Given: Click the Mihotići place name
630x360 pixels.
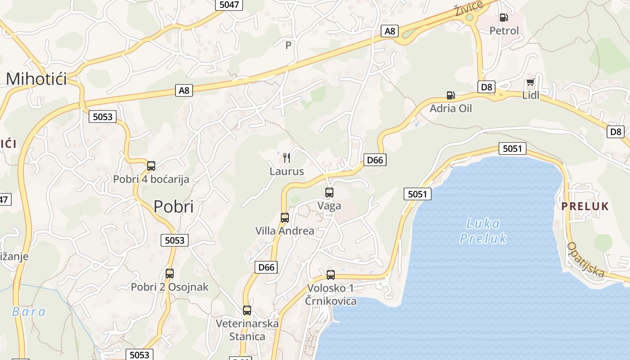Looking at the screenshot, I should coord(36,79).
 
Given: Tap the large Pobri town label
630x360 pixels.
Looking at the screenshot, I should coord(174,207).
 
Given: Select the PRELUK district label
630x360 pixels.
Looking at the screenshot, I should coord(585,207).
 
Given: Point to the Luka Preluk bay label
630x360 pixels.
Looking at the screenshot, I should coord(483,230).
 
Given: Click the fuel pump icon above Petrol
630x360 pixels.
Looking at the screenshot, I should coord(504,18).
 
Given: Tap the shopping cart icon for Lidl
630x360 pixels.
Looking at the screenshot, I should coord(530,83).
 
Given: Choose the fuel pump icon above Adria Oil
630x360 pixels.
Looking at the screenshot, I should coord(450,95).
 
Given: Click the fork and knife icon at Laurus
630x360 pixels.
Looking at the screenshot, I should coord(287,157).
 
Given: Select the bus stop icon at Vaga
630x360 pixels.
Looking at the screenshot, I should coord(329,193).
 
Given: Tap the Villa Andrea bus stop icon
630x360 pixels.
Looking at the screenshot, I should coord(285,218).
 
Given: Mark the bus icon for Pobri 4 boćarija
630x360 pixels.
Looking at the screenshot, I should coord(151,166).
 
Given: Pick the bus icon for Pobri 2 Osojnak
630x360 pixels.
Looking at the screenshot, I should coord(170,273).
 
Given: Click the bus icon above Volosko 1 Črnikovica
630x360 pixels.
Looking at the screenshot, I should coord(331,274).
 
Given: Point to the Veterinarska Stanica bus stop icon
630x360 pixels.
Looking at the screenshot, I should coord(247,310).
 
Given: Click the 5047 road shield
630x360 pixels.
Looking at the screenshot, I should coord(229,5).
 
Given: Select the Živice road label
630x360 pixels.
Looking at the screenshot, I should coord(468,8).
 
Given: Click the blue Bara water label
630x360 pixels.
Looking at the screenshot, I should coord(29,311).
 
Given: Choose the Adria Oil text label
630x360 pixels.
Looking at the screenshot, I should coord(450,108).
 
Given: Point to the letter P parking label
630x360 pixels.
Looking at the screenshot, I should coord(288,45).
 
